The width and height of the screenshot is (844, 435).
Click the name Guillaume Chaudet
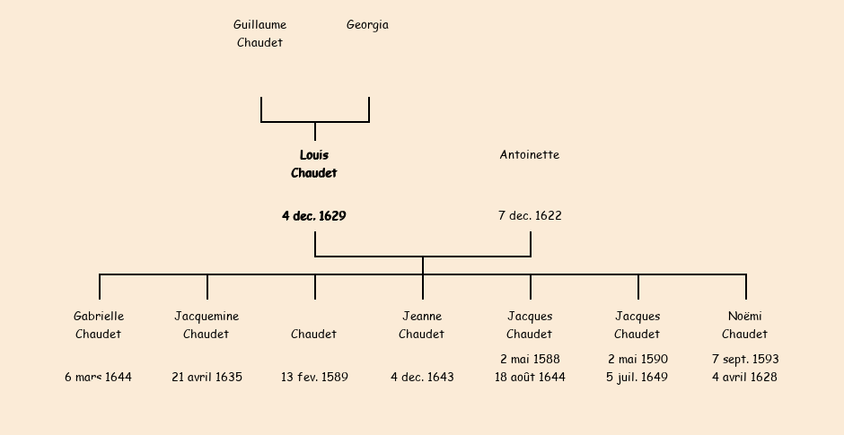click(260, 34)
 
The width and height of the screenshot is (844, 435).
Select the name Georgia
click(367, 25)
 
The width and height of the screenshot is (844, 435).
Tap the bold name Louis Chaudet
click(314, 164)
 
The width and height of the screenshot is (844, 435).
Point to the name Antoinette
click(530, 155)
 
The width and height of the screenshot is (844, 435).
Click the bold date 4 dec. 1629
click(314, 216)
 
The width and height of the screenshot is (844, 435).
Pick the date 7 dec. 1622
click(530, 216)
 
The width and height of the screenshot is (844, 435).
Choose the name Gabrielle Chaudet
click(99, 326)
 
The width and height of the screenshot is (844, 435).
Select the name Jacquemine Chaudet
click(207, 326)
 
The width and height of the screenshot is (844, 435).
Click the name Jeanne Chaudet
click(422, 326)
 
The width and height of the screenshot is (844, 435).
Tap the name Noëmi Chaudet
click(745, 326)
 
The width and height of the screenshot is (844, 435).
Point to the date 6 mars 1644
click(99, 378)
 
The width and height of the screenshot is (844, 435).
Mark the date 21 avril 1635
click(207, 378)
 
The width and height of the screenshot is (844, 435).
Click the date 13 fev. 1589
click(314, 378)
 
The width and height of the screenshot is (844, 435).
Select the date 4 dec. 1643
click(422, 378)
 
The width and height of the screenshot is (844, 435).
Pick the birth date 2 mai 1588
click(530, 360)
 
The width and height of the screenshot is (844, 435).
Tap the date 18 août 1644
click(530, 378)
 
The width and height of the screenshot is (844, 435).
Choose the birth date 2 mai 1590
click(637, 360)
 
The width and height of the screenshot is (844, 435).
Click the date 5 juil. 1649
click(637, 378)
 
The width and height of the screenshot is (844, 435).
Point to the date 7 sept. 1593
click(745, 360)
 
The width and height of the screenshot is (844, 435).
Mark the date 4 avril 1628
click(745, 378)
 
